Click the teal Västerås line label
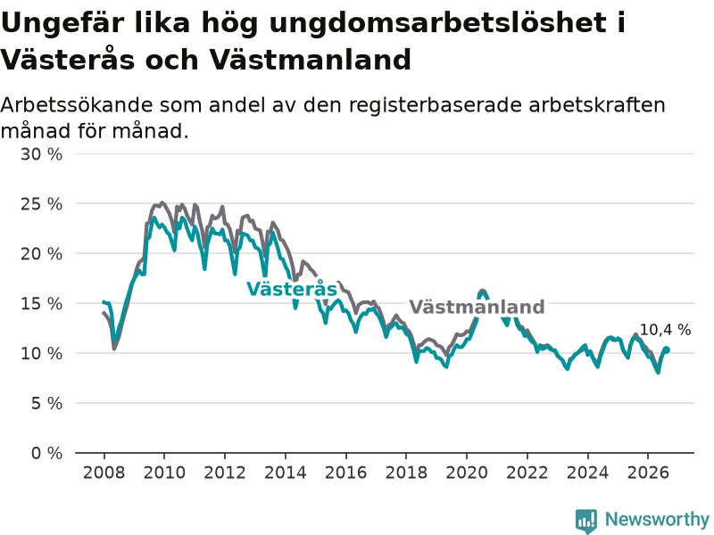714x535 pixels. pyautogui.click(x=292, y=289)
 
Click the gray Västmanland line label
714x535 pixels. pyautogui.click(x=477, y=307)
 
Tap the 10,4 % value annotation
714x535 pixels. pyautogui.click(x=665, y=330)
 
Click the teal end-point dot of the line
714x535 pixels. pyautogui.click(x=666, y=350)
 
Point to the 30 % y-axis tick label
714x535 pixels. pyautogui.click(x=41, y=154)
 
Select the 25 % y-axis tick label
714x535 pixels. pyautogui.click(x=41, y=204)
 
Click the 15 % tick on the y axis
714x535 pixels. pyautogui.click(x=41, y=303)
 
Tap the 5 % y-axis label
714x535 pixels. pyautogui.click(x=46, y=403)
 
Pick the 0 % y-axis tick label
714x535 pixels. pyautogui.click(x=46, y=453)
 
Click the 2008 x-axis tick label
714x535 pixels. pyautogui.click(x=104, y=473)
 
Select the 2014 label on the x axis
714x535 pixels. pyautogui.click(x=285, y=473)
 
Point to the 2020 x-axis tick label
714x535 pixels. pyautogui.click(x=467, y=473)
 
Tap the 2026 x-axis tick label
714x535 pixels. pyautogui.click(x=648, y=473)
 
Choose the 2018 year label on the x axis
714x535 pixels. pyautogui.click(x=406, y=473)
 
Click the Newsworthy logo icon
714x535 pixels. pyautogui.click(x=586, y=521)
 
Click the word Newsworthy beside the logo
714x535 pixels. pyautogui.click(x=657, y=519)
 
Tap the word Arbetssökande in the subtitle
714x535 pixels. pyautogui.click(x=77, y=105)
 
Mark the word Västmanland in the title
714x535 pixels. pyautogui.click(x=310, y=60)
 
